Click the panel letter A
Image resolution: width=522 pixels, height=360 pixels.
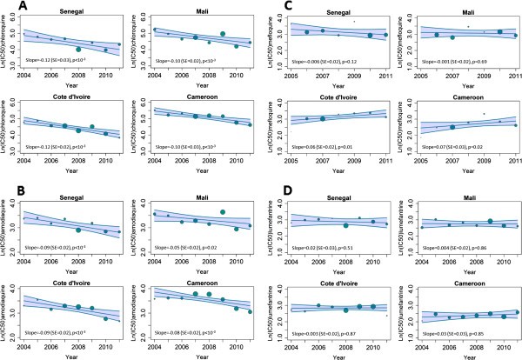[x=8, y=7]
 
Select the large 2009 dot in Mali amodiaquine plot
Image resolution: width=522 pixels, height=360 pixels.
[x=223, y=212]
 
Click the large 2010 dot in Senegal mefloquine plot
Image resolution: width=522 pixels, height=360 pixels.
[x=370, y=36]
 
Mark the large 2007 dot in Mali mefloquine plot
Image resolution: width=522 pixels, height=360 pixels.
[x=452, y=37]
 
